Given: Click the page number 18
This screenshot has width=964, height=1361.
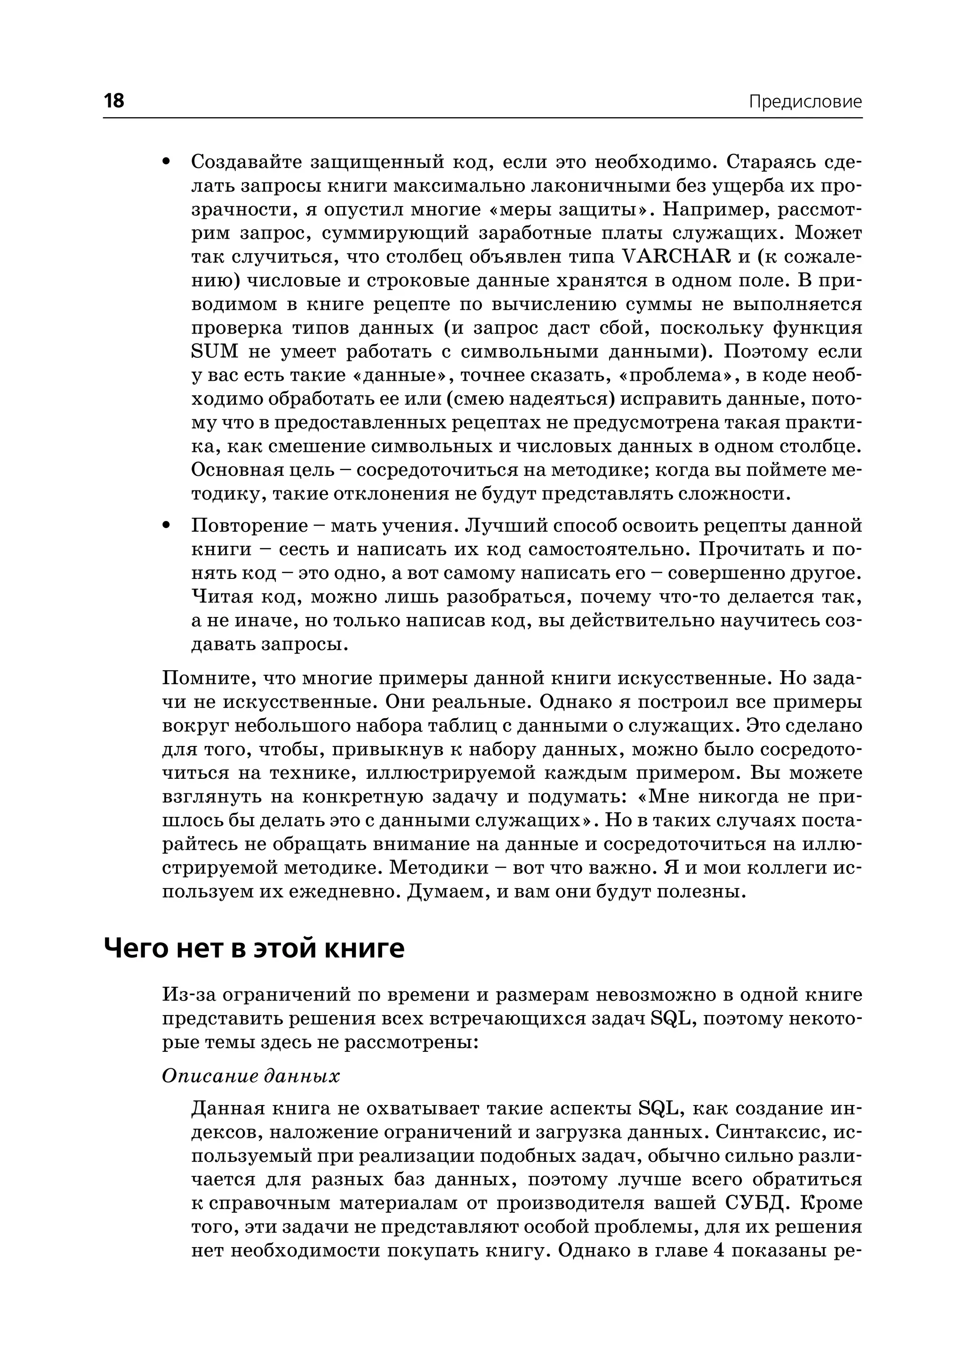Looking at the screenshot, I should (x=114, y=101).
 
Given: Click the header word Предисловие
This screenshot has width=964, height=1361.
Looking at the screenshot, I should (x=804, y=102).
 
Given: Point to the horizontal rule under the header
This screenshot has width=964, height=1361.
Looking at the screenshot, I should (x=482, y=118).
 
